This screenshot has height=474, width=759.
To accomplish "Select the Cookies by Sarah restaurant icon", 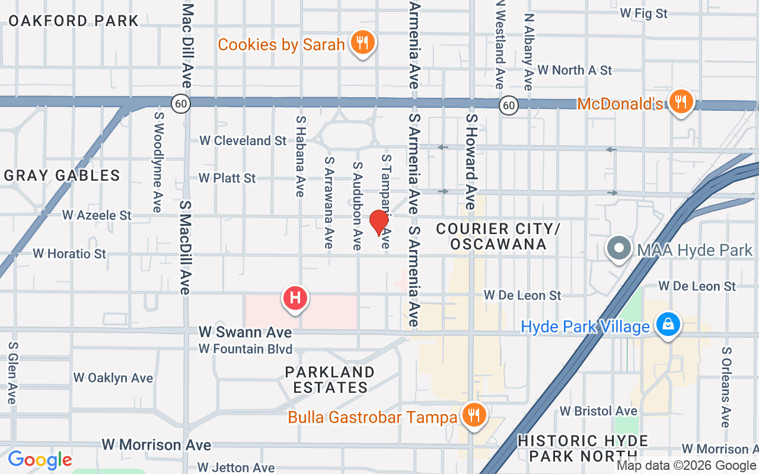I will tap(361, 43).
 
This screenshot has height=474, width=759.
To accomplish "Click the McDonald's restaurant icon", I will tap(681, 102).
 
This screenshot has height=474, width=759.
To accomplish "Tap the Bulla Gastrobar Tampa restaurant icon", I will tap(473, 415).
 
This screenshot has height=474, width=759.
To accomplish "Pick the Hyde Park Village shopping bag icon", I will tap(668, 325).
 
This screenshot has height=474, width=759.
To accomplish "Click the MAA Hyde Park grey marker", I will tap(619, 248).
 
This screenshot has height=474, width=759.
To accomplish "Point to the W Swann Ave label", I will tap(245, 332).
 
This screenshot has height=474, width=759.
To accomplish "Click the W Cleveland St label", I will tap(243, 140).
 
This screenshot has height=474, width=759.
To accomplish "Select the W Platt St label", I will tap(227, 178).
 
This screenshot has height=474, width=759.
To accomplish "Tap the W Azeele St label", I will tap(97, 215).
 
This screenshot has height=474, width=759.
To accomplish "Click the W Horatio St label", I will tap(69, 254).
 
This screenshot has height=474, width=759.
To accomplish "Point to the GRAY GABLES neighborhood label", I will tap(62, 175).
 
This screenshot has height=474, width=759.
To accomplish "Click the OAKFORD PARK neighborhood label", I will tap(73, 21).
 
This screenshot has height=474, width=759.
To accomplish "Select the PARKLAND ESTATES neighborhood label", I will tap(330, 380).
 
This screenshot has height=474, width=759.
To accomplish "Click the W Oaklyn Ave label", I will tap(113, 378).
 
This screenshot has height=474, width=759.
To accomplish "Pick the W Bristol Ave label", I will tap(598, 411).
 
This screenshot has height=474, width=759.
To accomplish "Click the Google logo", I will tap(40, 460).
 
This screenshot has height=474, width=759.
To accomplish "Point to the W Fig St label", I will tap(643, 13).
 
